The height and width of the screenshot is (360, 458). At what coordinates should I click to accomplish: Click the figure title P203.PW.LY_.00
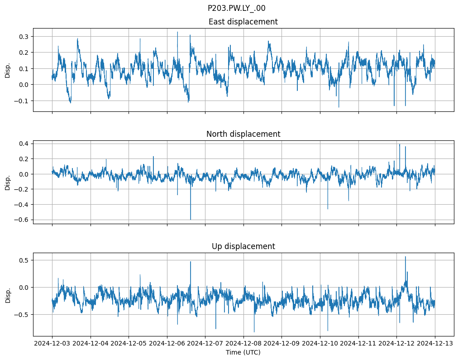(x=236, y=8)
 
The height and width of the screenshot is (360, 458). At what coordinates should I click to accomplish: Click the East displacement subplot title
(x=243, y=22)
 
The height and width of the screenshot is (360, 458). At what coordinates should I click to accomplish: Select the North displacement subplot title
(x=243, y=134)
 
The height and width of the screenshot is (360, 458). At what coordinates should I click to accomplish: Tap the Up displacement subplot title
(x=243, y=246)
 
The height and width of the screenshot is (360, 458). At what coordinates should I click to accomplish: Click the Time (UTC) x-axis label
(x=243, y=352)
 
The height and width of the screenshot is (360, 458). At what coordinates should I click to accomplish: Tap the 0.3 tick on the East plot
(x=23, y=36)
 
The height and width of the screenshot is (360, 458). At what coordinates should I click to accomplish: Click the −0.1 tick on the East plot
(x=21, y=101)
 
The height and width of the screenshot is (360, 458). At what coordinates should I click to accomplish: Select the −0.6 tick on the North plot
(x=21, y=220)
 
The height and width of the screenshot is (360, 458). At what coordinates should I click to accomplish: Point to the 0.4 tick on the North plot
(x=23, y=144)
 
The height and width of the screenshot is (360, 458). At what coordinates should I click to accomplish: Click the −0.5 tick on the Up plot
(x=21, y=314)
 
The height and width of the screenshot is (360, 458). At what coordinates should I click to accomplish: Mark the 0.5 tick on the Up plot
(x=23, y=260)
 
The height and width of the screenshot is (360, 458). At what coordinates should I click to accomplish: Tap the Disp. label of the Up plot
(x=8, y=294)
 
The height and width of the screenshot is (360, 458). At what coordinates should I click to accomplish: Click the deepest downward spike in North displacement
(x=191, y=219)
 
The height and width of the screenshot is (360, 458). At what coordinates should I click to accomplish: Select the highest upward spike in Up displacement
(x=406, y=257)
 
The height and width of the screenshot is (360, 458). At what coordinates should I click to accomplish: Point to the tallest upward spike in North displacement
(x=400, y=144)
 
